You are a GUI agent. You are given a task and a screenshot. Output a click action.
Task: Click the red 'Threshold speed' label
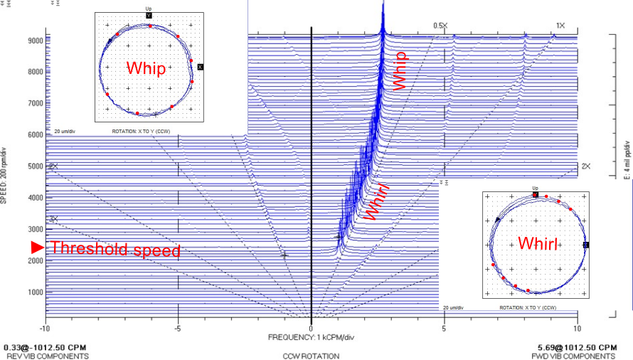click(116, 249)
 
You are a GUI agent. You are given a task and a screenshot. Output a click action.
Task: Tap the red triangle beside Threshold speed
click(38, 248)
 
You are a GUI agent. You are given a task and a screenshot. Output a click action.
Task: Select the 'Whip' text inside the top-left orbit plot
click(146, 68)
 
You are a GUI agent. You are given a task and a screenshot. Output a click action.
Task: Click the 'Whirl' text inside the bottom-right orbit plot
click(537, 243)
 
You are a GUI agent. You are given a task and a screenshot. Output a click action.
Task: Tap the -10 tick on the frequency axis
click(46, 329)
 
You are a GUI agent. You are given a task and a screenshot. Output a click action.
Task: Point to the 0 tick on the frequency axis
click(312, 329)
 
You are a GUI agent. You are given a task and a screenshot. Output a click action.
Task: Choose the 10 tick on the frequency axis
click(577, 329)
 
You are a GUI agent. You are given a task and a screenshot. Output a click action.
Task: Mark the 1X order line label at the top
click(560, 26)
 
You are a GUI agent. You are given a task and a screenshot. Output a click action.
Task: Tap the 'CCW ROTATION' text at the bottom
click(311, 356)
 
